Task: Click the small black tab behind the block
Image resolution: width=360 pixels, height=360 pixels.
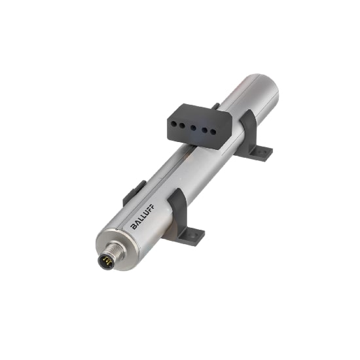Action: coord(215,105)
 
